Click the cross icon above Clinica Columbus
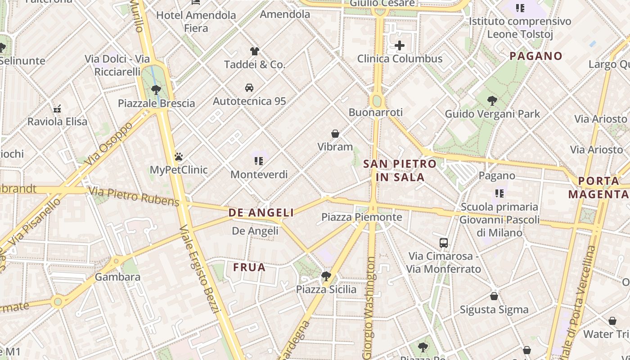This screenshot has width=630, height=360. pos(400,45)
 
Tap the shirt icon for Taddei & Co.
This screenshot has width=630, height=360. pos(255,51)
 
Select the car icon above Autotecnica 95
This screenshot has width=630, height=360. pos(249,88)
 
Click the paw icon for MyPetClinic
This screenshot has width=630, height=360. pos(179,157)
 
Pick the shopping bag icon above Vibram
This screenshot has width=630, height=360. pos(335,134)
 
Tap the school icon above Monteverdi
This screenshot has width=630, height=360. pos(259,161)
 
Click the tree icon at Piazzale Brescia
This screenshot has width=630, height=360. pos(156,90)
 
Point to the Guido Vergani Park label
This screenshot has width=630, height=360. pos(492,114)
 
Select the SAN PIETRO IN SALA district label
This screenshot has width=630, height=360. pos(400,170)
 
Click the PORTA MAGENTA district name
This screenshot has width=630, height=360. pos(598,188)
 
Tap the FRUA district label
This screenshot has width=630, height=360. pos(249,267)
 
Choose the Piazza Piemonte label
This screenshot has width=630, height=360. pos(361,217)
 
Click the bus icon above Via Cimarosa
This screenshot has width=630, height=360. pos(444,243)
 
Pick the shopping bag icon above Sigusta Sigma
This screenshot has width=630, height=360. pos(494,296)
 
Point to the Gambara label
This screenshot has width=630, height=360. pos(117,277)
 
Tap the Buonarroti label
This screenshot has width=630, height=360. pos(375,112)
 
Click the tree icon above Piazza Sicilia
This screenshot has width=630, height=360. pos(326,276)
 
